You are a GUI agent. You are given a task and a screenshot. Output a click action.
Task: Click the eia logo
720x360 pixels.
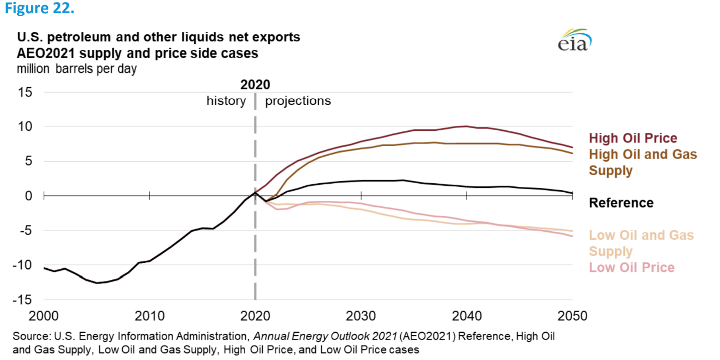(574, 40)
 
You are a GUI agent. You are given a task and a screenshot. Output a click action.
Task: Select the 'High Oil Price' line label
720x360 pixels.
(633, 138)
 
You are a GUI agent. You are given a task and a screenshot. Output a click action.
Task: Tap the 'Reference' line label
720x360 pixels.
(621, 203)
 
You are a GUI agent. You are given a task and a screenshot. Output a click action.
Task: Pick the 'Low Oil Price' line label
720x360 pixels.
(631, 267)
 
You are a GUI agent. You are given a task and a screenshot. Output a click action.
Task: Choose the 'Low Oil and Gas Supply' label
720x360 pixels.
(641, 243)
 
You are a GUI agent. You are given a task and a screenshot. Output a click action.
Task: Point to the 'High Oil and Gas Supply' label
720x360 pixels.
(643, 162)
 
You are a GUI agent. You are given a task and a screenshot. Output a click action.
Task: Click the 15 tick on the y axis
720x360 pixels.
(25, 93)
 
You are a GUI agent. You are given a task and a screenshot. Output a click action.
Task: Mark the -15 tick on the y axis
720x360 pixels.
(23, 300)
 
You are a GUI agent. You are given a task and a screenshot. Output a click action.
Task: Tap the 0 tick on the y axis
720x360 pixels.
(29, 196)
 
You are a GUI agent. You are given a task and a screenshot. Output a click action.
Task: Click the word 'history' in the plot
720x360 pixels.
(226, 101)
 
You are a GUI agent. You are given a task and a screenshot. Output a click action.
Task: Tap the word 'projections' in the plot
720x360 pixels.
(298, 101)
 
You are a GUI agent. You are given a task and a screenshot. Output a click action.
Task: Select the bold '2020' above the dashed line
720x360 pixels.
(255, 84)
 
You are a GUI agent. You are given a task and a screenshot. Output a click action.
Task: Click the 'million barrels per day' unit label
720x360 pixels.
(77, 68)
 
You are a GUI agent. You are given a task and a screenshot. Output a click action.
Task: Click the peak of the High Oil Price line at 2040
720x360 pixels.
(466, 126)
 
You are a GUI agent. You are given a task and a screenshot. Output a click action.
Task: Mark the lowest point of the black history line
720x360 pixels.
(97, 283)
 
